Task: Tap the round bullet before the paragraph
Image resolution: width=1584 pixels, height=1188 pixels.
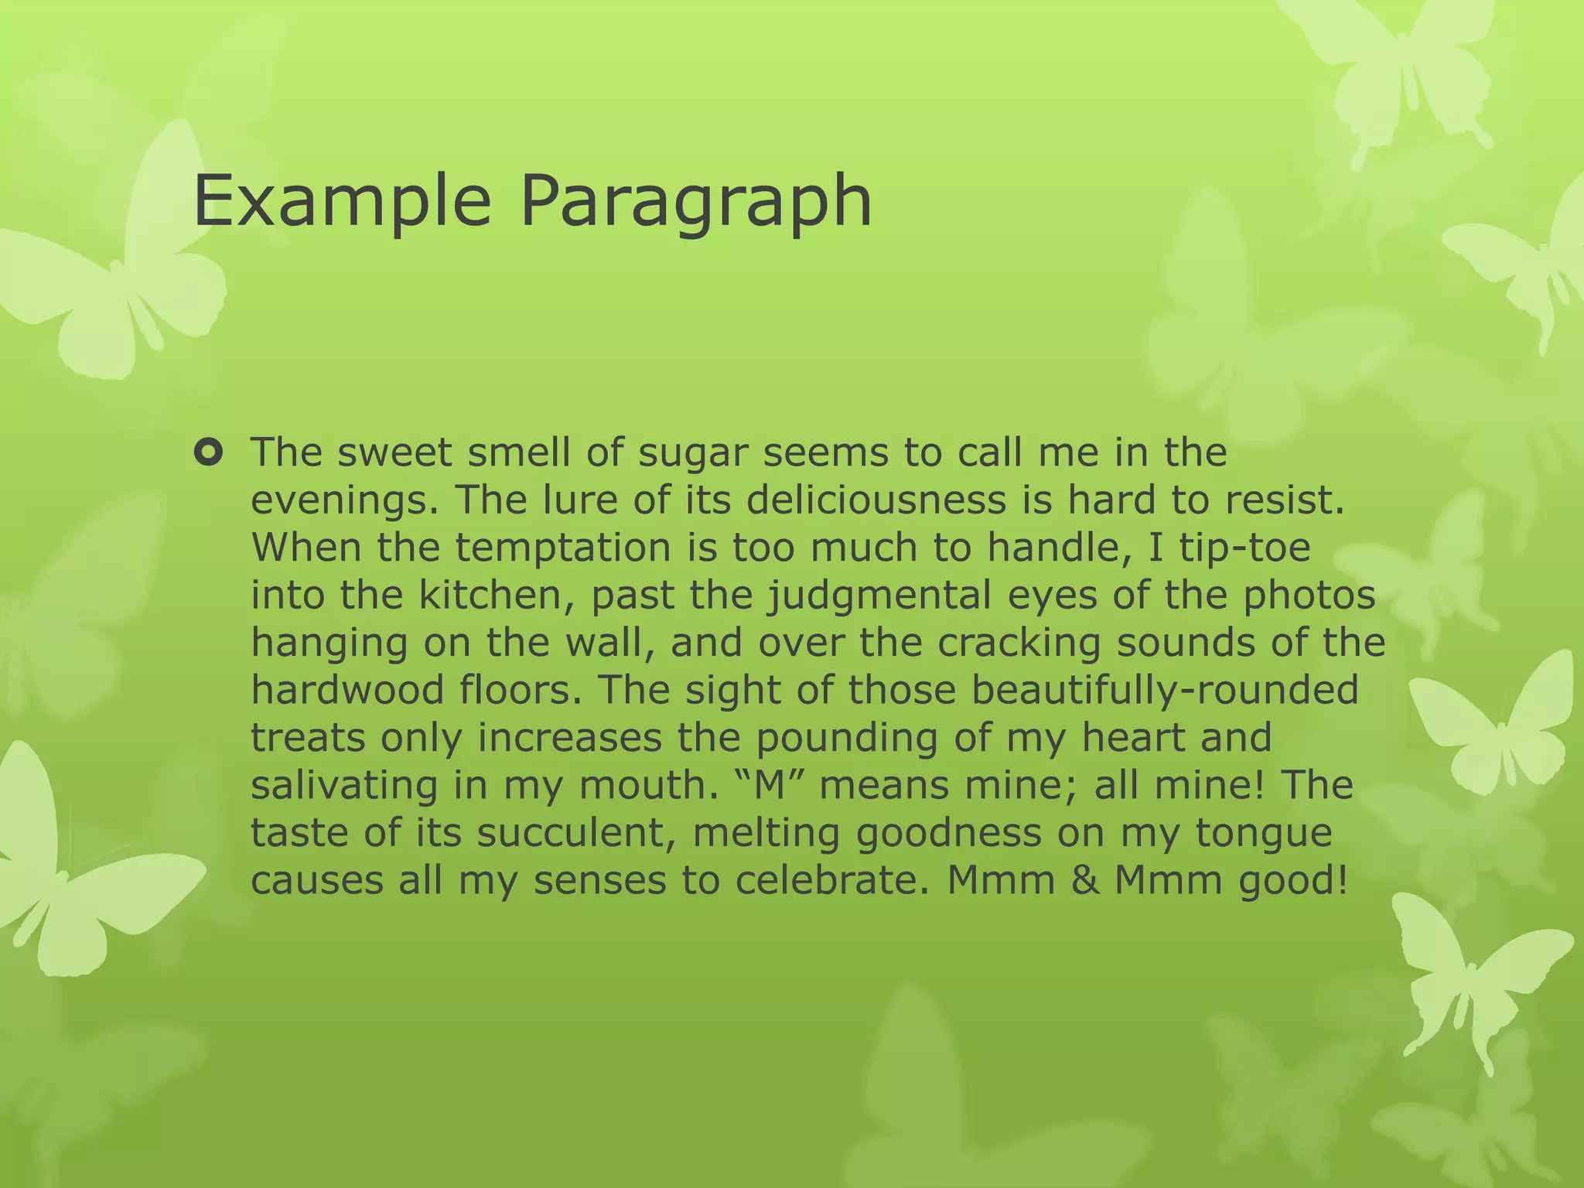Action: click(x=207, y=452)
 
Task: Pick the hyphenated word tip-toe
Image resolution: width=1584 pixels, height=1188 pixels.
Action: click(x=1245, y=548)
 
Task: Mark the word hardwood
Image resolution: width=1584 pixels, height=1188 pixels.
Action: click(x=348, y=690)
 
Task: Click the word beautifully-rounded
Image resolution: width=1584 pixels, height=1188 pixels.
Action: click(x=1164, y=690)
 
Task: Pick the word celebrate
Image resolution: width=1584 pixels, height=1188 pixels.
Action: click(x=831, y=881)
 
